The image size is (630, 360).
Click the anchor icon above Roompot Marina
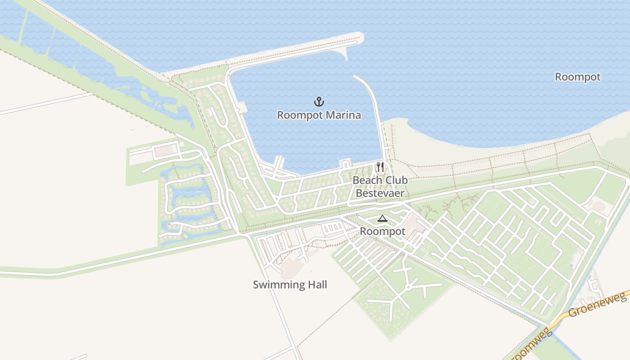click(x=319, y=102)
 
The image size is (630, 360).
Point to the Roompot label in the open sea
click(x=577, y=77)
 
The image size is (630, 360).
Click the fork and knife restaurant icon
click(x=380, y=167)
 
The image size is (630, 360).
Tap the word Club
click(x=395, y=180)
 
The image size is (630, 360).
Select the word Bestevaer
click(x=380, y=193)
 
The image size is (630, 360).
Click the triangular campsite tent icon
click(x=382, y=219)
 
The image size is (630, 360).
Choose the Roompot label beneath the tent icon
click(x=382, y=231)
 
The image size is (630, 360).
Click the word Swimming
click(x=274, y=285)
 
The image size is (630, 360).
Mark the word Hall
click(x=317, y=285)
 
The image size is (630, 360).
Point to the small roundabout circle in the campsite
click(x=408, y=287)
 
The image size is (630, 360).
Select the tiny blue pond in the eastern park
click(x=571, y=265)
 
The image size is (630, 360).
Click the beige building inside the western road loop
click(x=165, y=150)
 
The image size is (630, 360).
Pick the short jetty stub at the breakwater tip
click(x=346, y=55)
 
